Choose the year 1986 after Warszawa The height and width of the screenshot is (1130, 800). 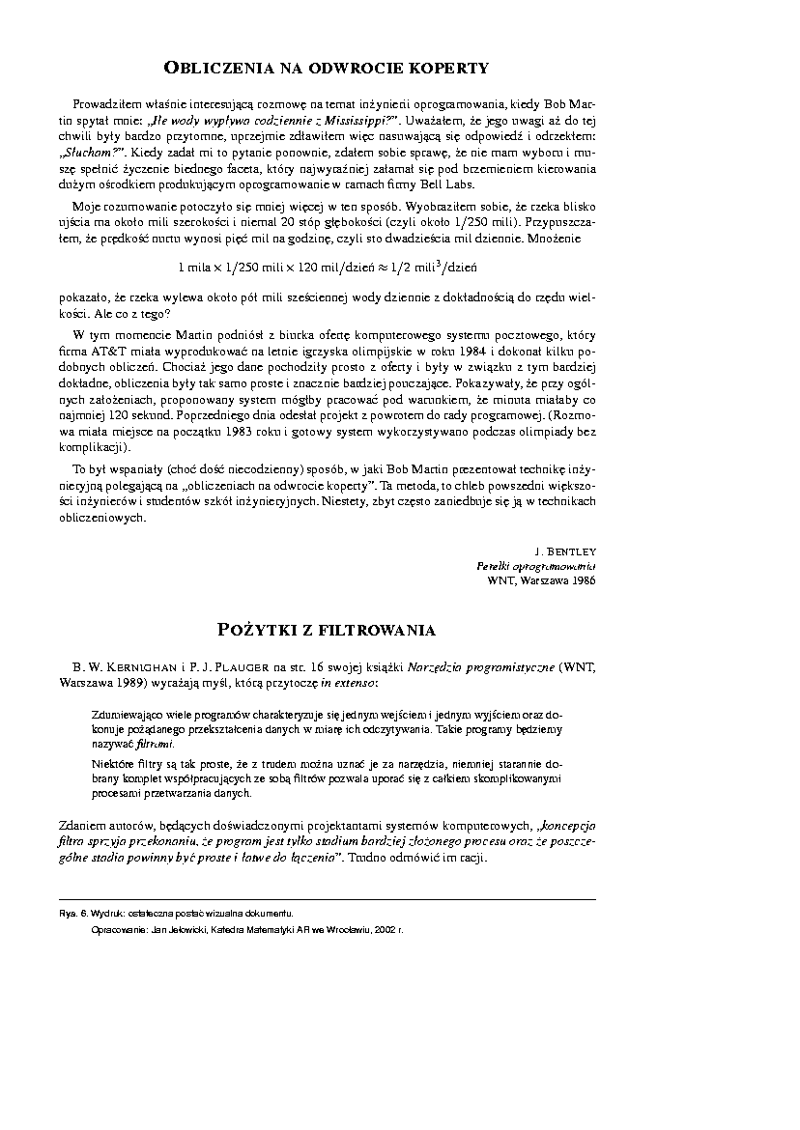coord(582,580)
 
